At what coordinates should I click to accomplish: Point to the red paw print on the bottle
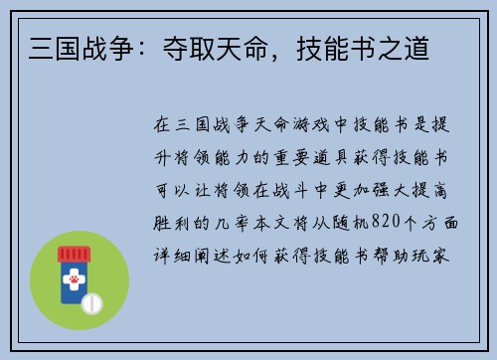click(x=74, y=280)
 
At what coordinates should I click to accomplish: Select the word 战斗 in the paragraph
click(x=292, y=190)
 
